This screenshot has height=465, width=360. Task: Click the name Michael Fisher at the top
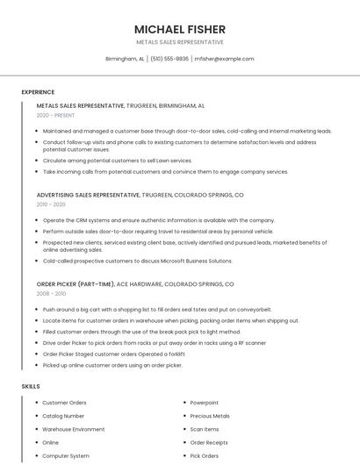[179, 29]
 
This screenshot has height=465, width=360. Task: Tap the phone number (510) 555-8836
[169, 59]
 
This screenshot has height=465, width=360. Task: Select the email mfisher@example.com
[224, 59]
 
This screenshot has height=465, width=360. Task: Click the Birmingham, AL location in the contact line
[125, 59]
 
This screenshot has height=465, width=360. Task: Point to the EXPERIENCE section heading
[38, 92]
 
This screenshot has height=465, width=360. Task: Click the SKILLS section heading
[31, 386]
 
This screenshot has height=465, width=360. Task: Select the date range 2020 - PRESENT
[55, 115]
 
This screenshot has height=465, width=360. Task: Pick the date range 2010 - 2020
[51, 204]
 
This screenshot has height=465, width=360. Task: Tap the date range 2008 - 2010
[51, 294]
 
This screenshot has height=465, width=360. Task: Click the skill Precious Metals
[210, 416]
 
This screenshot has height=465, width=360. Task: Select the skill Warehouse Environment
[74, 429]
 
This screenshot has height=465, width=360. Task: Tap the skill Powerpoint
[205, 403]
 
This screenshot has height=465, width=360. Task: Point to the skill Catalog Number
[63, 416]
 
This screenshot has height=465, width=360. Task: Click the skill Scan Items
[205, 429]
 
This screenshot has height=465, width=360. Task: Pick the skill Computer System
[66, 456]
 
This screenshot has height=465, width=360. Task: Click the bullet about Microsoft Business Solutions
[137, 261]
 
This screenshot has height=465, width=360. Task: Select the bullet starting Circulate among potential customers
[117, 161]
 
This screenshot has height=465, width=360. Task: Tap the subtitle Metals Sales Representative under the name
[179, 42]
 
